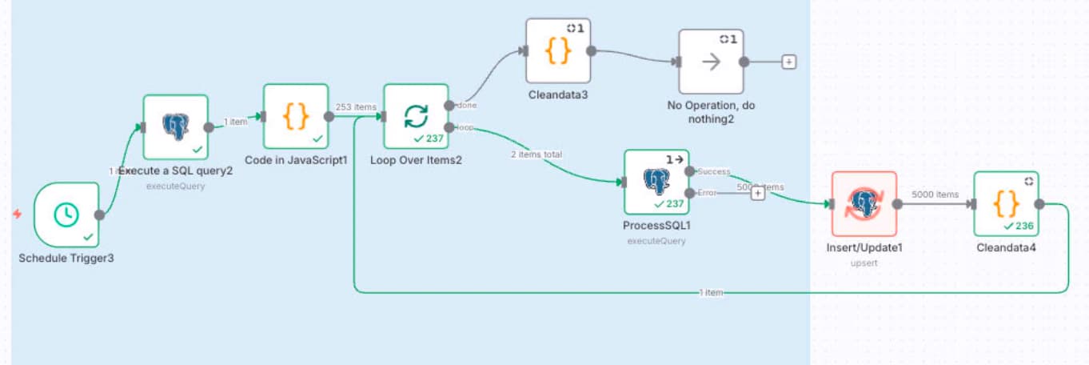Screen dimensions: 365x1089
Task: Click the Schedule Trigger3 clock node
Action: (x=66, y=214)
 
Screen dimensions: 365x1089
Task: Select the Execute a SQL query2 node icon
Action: (x=175, y=126)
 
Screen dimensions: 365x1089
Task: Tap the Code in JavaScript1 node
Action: (x=296, y=116)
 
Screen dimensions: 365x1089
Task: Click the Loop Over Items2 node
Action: (x=415, y=116)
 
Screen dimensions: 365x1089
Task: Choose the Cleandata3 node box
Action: (x=558, y=50)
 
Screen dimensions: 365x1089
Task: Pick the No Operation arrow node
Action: (x=711, y=62)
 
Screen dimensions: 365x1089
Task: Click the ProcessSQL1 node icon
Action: (x=656, y=182)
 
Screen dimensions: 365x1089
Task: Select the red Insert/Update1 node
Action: (x=864, y=203)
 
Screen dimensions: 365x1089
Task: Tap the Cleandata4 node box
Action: (x=1006, y=203)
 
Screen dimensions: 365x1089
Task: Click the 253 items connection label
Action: (x=356, y=107)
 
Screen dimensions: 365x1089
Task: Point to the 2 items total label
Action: (x=537, y=154)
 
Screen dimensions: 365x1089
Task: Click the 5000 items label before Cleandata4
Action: (x=935, y=195)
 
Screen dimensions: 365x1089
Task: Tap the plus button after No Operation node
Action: (x=788, y=62)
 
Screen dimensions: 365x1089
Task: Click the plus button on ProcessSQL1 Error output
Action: (x=757, y=193)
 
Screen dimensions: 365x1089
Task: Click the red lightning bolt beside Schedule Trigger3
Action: (x=18, y=214)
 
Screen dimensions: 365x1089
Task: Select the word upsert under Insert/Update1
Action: (x=864, y=262)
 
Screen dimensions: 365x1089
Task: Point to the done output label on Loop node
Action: (x=466, y=106)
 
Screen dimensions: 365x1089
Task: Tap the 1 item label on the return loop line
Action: (x=711, y=293)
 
